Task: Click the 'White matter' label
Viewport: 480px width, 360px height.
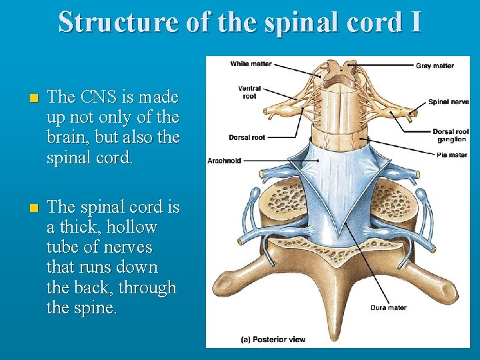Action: [x=251, y=64]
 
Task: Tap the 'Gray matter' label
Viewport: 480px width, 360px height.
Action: [x=435, y=65]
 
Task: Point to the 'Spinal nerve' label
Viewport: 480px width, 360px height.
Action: [x=448, y=102]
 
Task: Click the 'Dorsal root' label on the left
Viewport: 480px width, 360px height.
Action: [x=247, y=137]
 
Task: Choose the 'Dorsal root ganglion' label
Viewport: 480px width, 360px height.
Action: [x=451, y=135]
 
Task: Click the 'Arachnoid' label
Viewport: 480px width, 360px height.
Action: [x=225, y=161]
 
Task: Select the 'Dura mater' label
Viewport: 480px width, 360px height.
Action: [x=389, y=308]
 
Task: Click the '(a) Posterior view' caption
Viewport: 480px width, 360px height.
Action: [x=273, y=339]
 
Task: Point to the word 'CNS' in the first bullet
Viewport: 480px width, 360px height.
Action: [x=99, y=97]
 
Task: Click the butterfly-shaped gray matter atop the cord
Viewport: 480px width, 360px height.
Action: [x=342, y=69]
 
